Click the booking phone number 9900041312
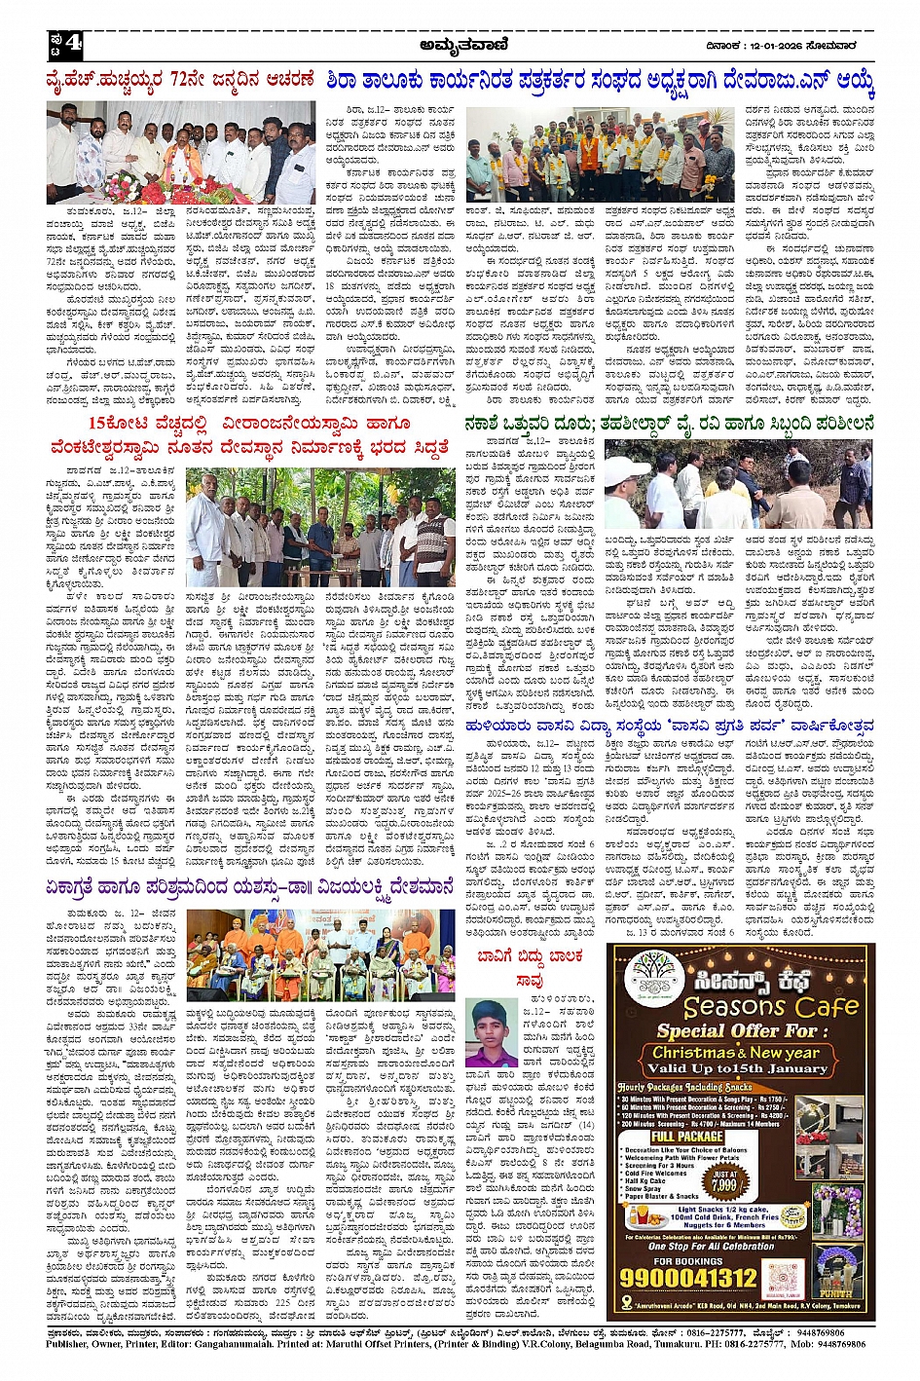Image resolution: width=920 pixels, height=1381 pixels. click(688, 1277)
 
